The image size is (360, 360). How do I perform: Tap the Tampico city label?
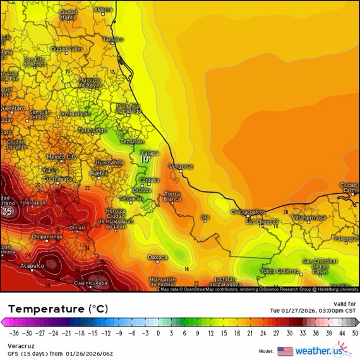[113, 39]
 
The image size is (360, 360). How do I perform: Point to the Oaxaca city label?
[157, 257]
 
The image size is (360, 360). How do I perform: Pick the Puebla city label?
[99, 173]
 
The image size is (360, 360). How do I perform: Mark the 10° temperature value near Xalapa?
[145, 160]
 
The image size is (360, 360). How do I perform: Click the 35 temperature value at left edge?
[8, 211]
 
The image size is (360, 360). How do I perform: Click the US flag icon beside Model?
[285, 351]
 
